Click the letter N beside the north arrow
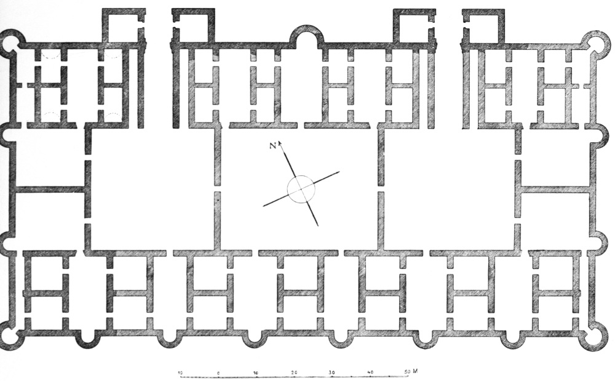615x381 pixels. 272,146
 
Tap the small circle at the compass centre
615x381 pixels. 301,189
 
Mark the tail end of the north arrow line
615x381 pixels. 318,226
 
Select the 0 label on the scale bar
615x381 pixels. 218,373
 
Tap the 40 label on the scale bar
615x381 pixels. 371,372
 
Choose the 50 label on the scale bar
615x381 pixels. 407,372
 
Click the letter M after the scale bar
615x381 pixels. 415,371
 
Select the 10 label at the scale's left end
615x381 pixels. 180,373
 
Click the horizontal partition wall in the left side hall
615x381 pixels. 50,190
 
